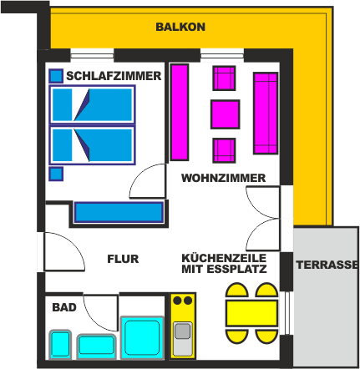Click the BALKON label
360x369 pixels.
point(180,27)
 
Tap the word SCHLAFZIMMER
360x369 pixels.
point(114,76)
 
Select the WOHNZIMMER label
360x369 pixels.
point(223,178)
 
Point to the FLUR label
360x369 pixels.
point(123,259)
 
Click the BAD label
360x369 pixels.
point(64,307)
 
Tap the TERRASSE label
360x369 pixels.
point(327,265)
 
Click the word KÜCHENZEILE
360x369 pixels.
point(224,258)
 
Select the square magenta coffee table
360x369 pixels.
point(226,114)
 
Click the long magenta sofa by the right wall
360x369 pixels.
point(266,113)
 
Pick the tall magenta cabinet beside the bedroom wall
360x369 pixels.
point(180,113)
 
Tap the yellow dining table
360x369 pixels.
point(251,313)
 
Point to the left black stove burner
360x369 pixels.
point(177,301)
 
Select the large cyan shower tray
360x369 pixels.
point(142,337)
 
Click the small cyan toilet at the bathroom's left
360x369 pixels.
point(60,344)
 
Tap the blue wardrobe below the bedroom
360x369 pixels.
point(119,212)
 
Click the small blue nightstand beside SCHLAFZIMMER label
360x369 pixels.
point(56,76)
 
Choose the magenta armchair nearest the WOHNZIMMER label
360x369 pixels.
point(224,150)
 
